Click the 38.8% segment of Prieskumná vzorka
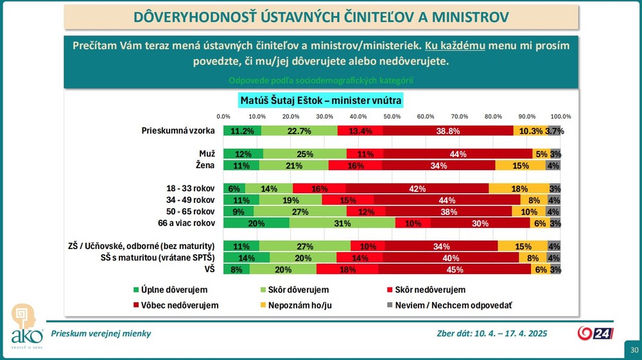pyautogui.click(x=448, y=131)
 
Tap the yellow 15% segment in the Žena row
pyautogui.click(x=521, y=165)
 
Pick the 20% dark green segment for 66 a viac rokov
pyautogui.click(x=256, y=223)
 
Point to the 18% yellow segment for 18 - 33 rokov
pyautogui.click(x=519, y=189)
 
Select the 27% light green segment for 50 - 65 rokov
pyautogui.click(x=300, y=212)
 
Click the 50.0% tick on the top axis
pyautogui.click(x=392, y=116)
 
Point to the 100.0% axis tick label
pyautogui.click(x=560, y=116)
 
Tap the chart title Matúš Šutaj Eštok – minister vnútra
pyautogui.click(x=320, y=101)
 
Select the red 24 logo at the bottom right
pyautogui.click(x=599, y=333)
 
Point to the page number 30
pyautogui.click(x=634, y=350)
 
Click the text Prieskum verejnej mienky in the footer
pyautogui.click(x=101, y=333)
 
